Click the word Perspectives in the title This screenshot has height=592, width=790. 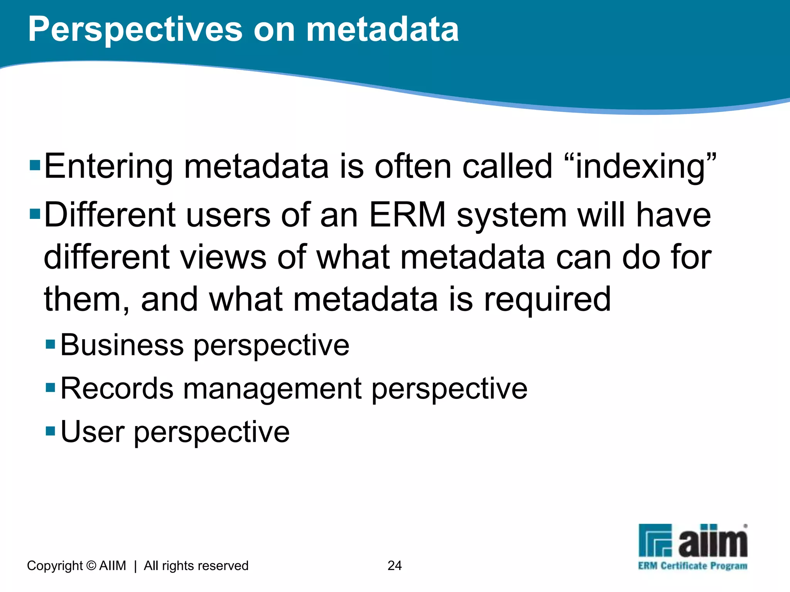[135, 30]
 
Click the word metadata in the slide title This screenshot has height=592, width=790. [382, 30]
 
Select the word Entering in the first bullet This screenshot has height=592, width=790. [108, 166]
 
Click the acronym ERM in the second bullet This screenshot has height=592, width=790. [407, 215]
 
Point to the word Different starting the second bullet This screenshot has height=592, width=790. [110, 215]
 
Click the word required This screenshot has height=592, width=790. [547, 299]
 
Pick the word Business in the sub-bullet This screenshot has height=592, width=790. [122, 345]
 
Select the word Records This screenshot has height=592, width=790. [117, 388]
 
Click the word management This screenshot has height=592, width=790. [272, 388]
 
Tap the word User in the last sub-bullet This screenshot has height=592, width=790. [93, 432]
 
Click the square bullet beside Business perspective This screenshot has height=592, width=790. [51, 344]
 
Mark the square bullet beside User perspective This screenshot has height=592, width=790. [51, 431]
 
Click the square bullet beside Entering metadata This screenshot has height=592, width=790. [35, 166]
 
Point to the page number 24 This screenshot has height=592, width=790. [395, 565]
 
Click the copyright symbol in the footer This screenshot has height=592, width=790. [91, 565]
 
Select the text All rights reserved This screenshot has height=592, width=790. [196, 565]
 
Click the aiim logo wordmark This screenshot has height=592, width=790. [713, 542]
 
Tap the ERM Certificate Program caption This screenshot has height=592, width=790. [692, 566]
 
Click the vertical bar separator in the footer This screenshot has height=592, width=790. [135, 566]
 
